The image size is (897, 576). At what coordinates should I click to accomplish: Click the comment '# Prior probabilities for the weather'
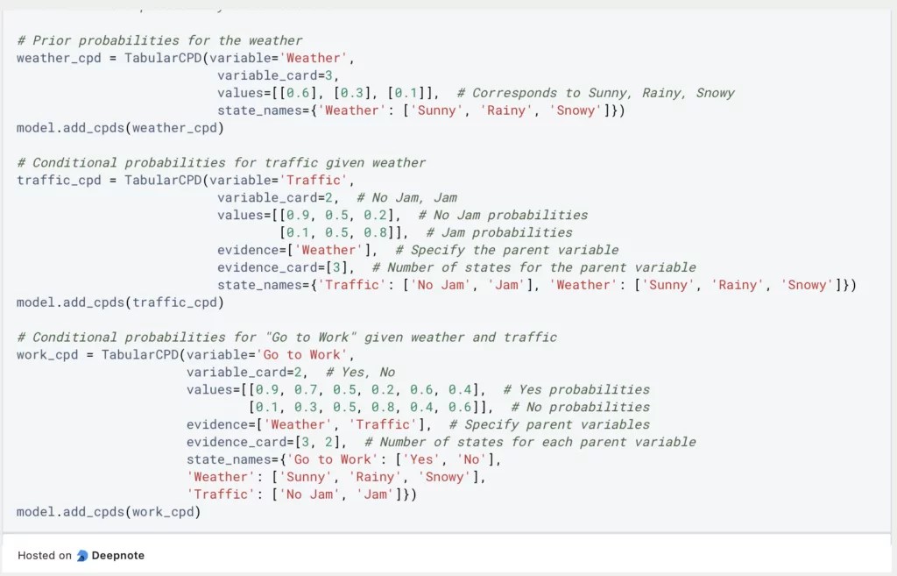pyautogui.click(x=159, y=40)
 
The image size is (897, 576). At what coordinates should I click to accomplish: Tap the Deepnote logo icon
pyautogui.click(x=82, y=555)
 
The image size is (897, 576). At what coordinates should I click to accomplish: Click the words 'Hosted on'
pyautogui.click(x=45, y=555)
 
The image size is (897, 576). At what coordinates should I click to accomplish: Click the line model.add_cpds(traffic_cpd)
pyautogui.click(x=120, y=302)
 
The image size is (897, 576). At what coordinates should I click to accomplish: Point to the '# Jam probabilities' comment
pyautogui.click(x=499, y=232)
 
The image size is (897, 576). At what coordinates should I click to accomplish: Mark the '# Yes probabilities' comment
pyautogui.click(x=576, y=389)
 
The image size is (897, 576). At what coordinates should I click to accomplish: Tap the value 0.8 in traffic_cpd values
pyautogui.click(x=383, y=232)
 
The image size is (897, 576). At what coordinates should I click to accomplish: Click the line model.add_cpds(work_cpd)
pyautogui.click(x=109, y=511)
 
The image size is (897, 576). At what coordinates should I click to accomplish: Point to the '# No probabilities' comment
pyautogui.click(x=581, y=407)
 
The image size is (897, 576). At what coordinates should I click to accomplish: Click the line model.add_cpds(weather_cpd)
pyautogui.click(x=120, y=128)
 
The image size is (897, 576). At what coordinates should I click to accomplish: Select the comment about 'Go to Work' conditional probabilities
pyautogui.click(x=286, y=337)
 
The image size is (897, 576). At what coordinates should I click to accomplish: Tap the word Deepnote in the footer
pyautogui.click(x=119, y=555)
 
